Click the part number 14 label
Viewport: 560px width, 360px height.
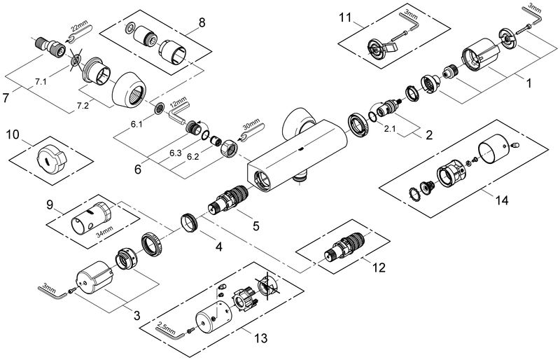pyautogui.click(x=502, y=200)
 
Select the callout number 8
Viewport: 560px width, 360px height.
pyautogui.click(x=202, y=23)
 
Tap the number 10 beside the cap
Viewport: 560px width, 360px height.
pyautogui.click(x=12, y=135)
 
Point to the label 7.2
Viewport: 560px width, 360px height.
pyautogui.click(x=83, y=106)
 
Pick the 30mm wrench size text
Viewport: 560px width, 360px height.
pyautogui.click(x=252, y=125)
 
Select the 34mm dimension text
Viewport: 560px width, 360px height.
pyautogui.click(x=104, y=231)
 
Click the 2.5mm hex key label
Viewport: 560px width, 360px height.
pyautogui.click(x=166, y=326)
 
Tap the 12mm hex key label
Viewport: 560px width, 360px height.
pyautogui.click(x=178, y=106)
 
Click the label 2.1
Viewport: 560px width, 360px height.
pyautogui.click(x=390, y=130)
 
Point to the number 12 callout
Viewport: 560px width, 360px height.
pyautogui.click(x=379, y=268)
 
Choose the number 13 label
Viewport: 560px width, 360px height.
pyautogui.click(x=261, y=338)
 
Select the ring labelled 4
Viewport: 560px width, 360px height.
pyautogui.click(x=188, y=223)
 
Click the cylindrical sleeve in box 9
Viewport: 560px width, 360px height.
pyautogui.click(x=92, y=216)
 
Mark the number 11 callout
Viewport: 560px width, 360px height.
pyautogui.click(x=345, y=18)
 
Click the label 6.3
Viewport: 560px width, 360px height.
pyautogui.click(x=176, y=153)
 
